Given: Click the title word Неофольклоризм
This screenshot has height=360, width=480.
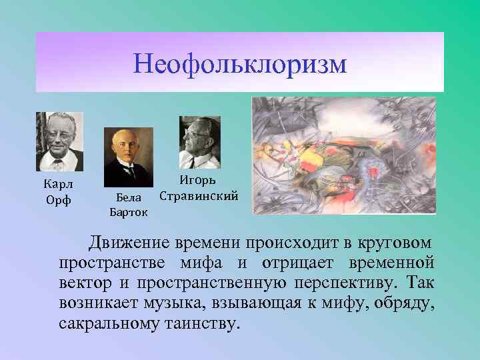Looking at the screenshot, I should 240,65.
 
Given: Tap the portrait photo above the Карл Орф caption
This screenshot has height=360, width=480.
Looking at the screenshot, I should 59,141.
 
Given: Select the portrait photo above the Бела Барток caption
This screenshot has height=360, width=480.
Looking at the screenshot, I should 129,157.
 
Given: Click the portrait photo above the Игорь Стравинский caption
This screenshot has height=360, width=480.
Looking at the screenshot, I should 199,143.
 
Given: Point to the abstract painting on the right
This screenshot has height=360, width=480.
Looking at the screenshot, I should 343,155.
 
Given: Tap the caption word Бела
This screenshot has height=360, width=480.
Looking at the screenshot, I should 129,198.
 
